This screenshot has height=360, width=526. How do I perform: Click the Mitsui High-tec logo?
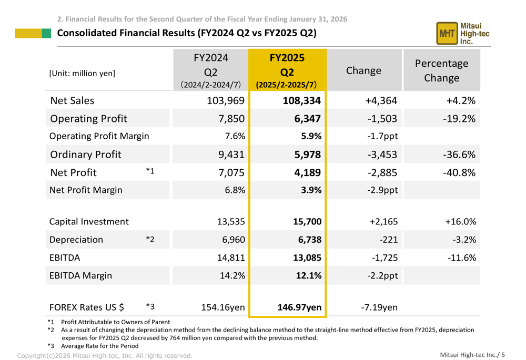(459, 33)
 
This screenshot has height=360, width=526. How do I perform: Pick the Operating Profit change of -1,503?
(382, 119)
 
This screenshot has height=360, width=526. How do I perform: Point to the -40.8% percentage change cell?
(459, 172)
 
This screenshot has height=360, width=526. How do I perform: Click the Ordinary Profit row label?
(86, 155)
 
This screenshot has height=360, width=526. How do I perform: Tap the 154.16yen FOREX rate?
(222, 307)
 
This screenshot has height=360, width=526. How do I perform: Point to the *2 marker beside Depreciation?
(150, 240)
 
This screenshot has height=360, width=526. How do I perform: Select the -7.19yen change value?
(379, 307)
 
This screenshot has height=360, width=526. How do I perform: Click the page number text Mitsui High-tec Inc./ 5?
(472, 355)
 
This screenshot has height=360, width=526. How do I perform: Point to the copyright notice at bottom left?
(105, 356)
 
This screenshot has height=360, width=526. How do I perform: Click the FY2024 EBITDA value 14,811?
(229, 258)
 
